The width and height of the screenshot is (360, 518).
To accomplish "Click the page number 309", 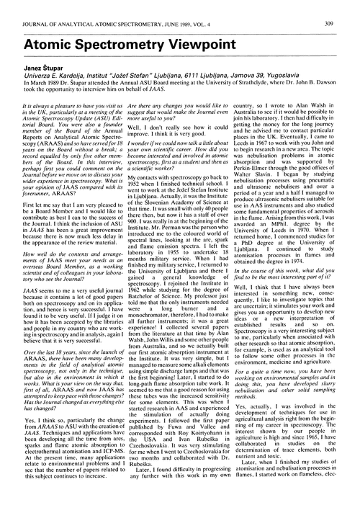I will click(x=347, y=9).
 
